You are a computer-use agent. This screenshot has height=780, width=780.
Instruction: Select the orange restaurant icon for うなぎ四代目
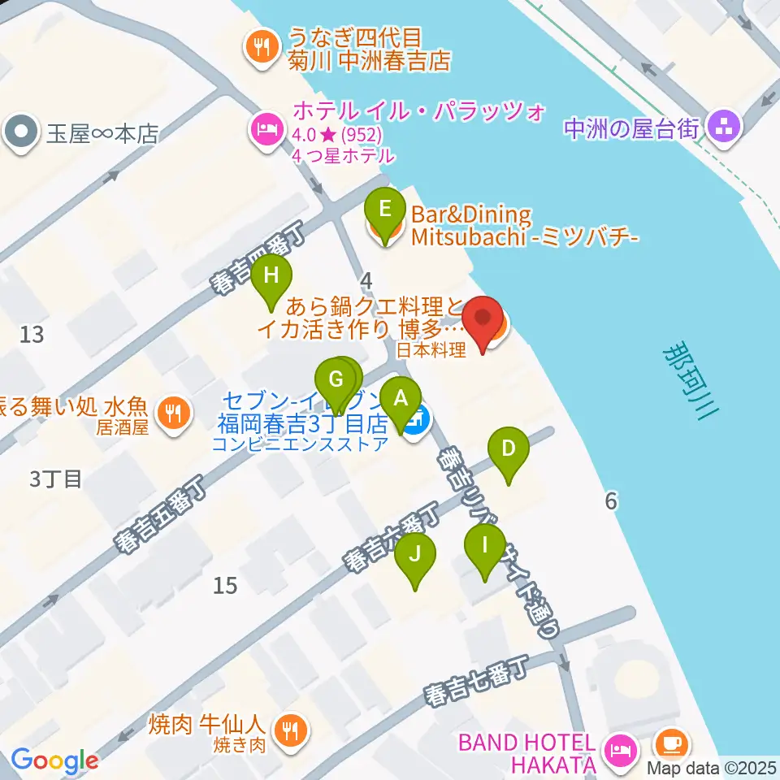point(260,48)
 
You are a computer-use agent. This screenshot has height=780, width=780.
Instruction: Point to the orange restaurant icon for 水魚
point(172,412)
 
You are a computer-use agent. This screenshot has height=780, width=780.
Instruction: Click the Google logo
point(54,761)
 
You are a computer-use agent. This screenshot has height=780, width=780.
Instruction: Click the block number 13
point(32,334)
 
